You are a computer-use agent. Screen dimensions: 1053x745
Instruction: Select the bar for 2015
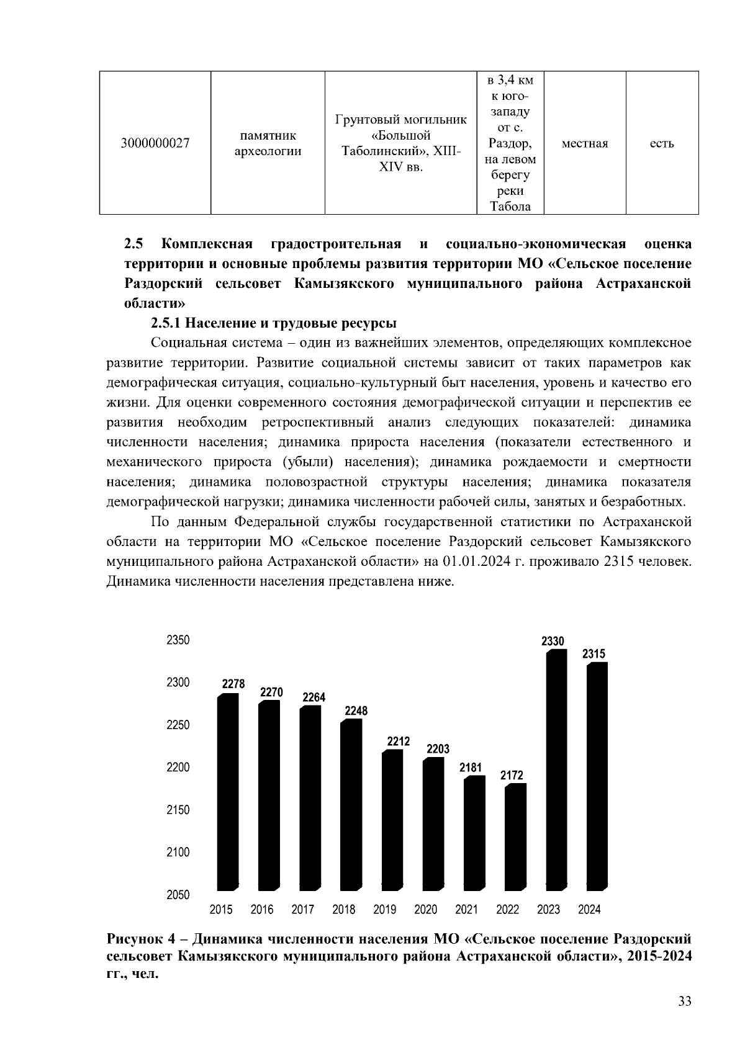coord(227,791)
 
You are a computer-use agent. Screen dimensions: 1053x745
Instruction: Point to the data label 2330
coord(553,641)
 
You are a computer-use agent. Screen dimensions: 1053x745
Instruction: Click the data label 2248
coord(356,711)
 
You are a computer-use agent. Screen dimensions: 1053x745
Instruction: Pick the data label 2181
coord(471,768)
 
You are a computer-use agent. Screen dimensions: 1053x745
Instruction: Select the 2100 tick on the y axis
coord(178,853)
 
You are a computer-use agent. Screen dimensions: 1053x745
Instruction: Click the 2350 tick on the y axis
coord(178,640)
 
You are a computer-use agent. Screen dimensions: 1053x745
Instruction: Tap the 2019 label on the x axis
coord(385,910)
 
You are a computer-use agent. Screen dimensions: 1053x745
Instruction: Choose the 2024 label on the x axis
coord(589,910)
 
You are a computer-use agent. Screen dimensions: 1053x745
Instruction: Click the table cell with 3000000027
coord(155,143)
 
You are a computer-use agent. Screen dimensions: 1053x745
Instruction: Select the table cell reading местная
coord(584,143)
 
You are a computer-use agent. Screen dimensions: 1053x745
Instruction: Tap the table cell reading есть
coord(662,143)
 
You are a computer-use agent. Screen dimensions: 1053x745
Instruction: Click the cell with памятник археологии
coord(268,143)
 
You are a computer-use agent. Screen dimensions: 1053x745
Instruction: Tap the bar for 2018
coord(351,804)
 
